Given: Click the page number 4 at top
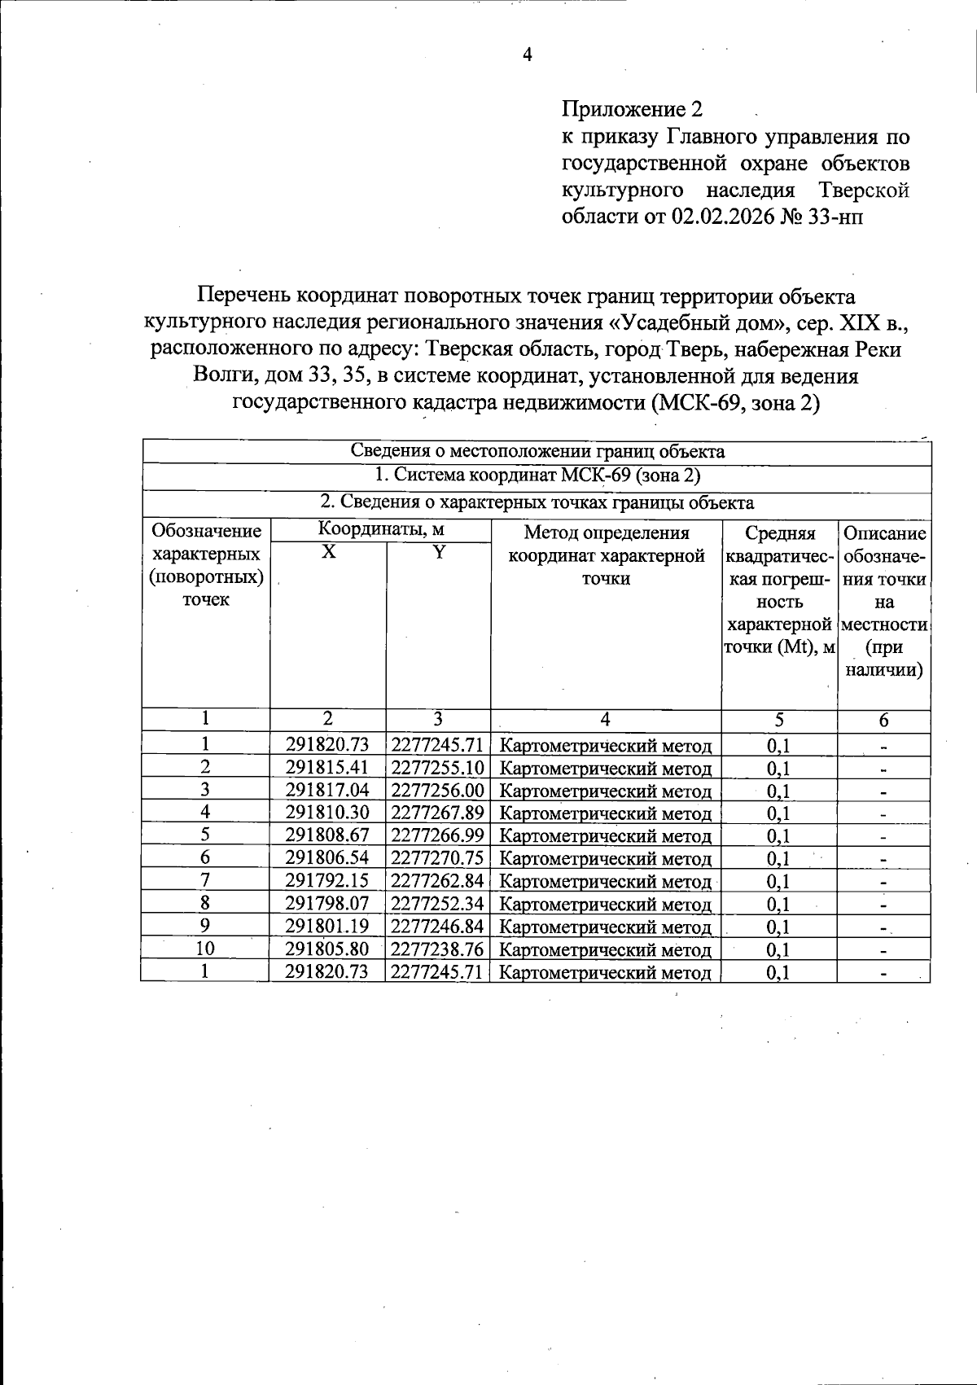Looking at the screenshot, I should pos(527,55).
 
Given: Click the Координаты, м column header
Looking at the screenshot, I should pos(381,529).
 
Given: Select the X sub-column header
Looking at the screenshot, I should pos(327,552).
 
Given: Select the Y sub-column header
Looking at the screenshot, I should pos(439,552).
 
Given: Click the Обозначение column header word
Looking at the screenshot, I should pos(207,532).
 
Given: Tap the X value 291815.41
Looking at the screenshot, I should pos(327,767).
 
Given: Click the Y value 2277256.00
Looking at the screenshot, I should pos(438,790).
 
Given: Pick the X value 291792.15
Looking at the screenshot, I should pos(327,881).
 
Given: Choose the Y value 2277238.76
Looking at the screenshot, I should pos(438,949).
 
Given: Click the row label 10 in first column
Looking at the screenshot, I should pos(205,949).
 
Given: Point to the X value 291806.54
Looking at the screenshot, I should pos(327,858).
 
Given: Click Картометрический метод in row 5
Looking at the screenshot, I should pos(605,836).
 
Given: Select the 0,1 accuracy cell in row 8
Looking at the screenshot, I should pos(778,904).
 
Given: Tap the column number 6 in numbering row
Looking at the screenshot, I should pos(883,720).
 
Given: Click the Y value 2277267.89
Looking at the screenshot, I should pos(438,813).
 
